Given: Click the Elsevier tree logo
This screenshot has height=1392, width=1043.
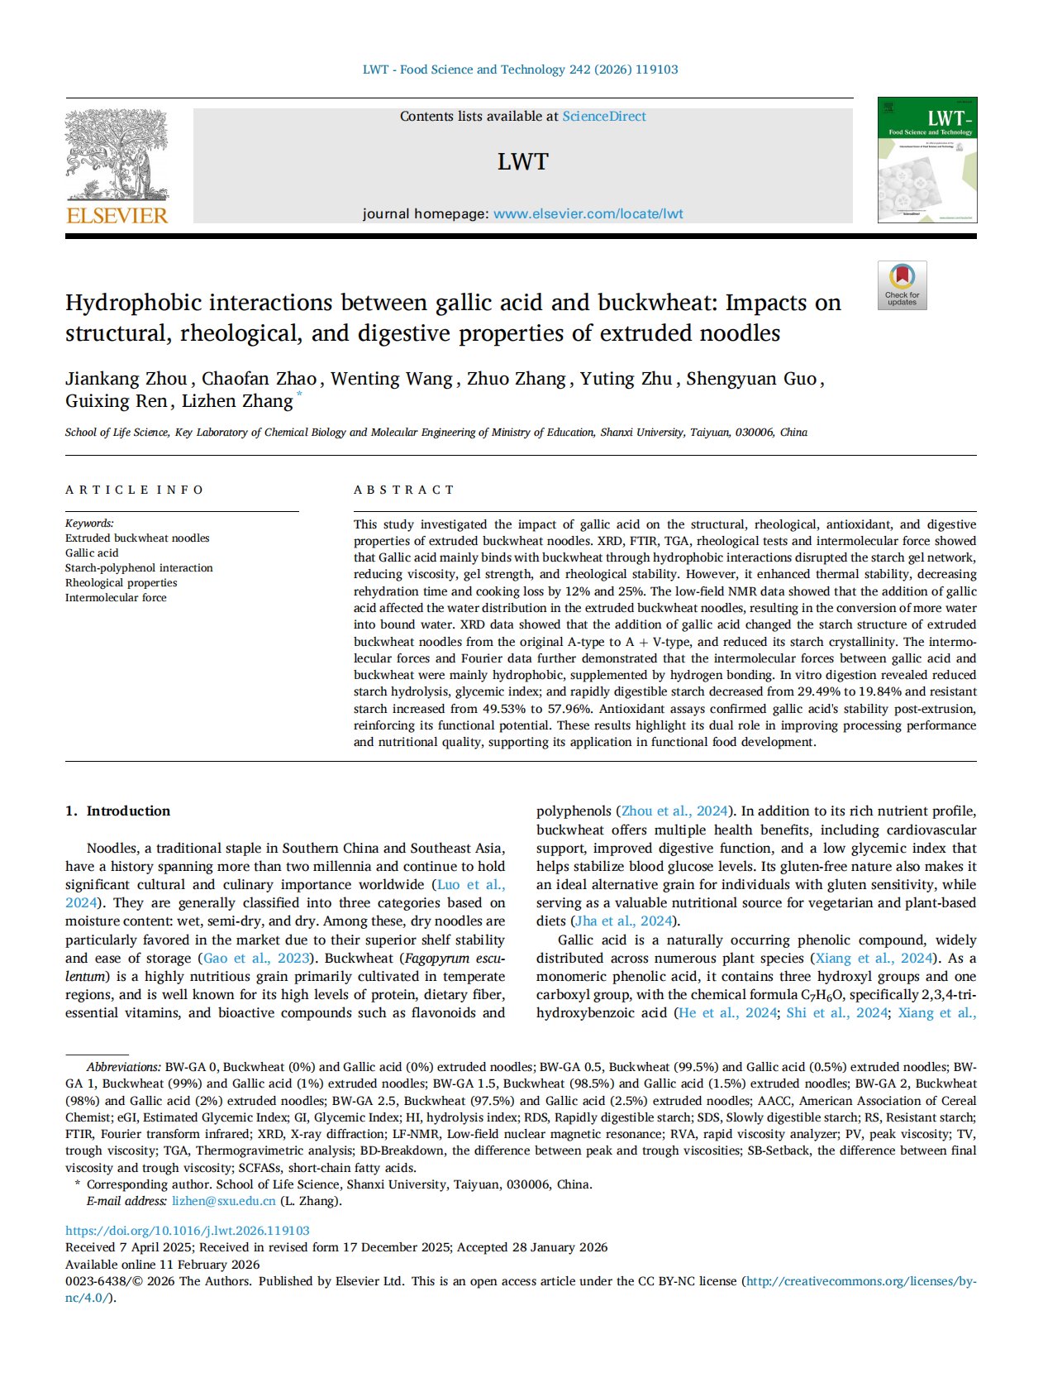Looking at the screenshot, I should pos(117,157).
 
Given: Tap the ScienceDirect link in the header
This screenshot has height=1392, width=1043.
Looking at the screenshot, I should pos(604,117).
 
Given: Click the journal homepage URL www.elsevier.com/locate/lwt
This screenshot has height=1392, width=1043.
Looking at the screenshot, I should pos(588,213).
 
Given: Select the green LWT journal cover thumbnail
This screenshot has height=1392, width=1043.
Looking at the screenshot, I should pos(926,160).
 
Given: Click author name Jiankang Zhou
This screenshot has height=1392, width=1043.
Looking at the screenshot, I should pos(126,379).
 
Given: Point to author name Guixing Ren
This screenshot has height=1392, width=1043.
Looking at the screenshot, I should pos(117,401).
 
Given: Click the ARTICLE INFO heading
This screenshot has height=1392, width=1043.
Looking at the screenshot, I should pos(134,490).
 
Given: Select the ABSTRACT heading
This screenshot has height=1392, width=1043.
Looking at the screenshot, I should pos(404,490).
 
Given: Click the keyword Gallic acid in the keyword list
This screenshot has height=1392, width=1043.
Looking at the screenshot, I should pos(92,552).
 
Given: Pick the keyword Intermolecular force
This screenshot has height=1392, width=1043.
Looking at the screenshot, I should pos(116,597).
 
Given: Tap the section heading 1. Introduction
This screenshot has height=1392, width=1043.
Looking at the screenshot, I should pos(117,811).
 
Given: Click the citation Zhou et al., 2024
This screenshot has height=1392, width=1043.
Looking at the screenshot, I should pos(674,811).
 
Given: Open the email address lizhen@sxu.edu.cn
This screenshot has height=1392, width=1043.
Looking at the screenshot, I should pos(223,1201).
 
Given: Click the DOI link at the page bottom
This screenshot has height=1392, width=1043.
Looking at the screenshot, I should pos(188,1230).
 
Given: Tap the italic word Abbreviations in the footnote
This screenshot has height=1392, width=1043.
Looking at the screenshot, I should pos(123,1067).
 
